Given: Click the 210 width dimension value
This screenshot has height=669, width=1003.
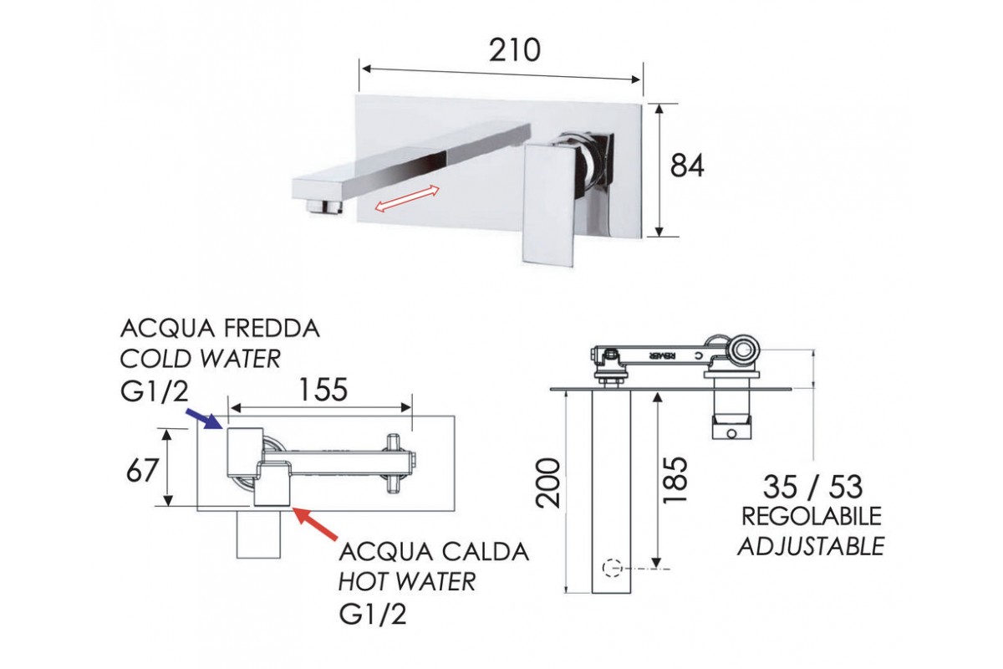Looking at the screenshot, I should coord(514,51).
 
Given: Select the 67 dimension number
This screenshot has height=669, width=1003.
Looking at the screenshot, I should coord(141,470).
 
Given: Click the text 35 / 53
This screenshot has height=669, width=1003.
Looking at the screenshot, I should coord(812,487).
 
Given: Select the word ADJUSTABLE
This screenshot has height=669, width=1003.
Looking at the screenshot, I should coord(811,546).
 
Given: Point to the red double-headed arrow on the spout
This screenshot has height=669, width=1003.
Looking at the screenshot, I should coord(407,199).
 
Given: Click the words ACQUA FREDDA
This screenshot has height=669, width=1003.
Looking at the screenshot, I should coord(220,328).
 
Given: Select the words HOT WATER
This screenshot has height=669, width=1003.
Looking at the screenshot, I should coord(407,582).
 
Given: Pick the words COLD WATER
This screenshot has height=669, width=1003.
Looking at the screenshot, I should coord(201,360).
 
